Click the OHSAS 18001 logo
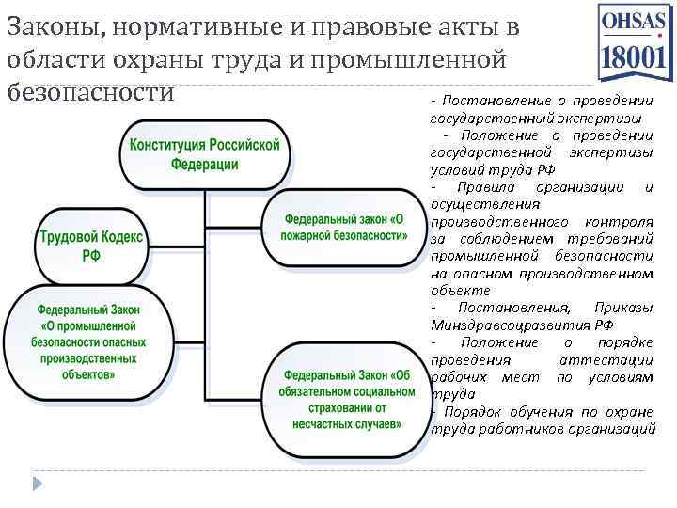point(636,40)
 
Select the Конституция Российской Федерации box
point(204,154)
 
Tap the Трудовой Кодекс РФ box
point(91,246)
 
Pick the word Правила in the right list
point(483,187)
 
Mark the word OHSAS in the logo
point(636,21)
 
